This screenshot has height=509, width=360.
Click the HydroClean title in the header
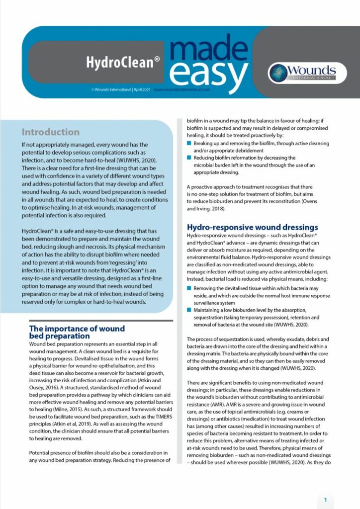tap(123, 62)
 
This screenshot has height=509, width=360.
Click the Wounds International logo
tap(302, 73)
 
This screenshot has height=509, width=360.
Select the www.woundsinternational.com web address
tap(182, 90)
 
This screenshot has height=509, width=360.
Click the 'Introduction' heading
tap(50, 132)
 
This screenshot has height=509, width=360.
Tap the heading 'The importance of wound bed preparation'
tap(77, 332)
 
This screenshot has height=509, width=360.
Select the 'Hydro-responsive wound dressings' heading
tap(252, 227)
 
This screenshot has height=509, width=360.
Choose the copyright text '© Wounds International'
tap(111, 90)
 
